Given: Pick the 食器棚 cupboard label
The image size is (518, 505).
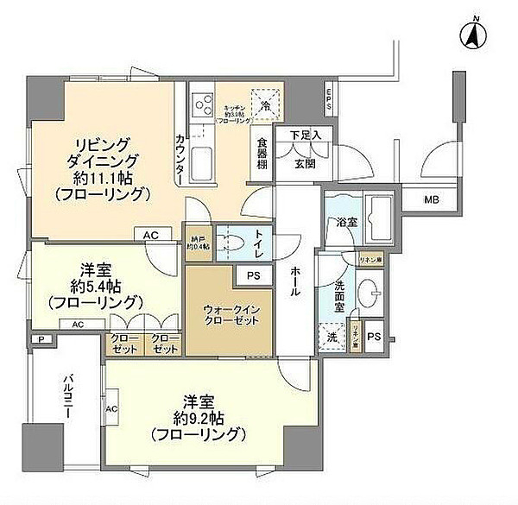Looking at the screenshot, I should [x=261, y=154].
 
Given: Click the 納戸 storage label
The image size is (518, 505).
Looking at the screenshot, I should [x=197, y=243].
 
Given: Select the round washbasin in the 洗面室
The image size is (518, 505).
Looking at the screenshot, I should [x=374, y=291].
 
